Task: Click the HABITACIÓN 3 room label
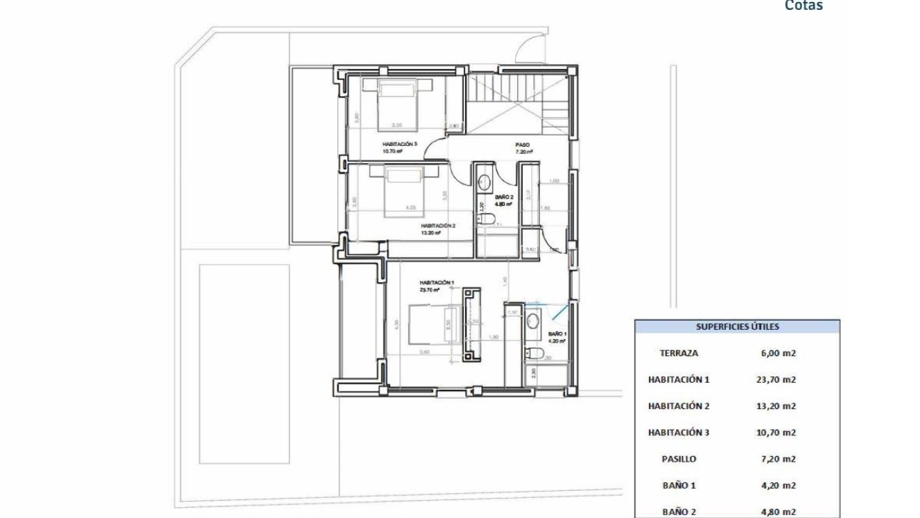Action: pos(399,144)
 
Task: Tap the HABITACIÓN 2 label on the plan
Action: pos(438,225)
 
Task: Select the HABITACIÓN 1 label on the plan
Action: pos(435,283)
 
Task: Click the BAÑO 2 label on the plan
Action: pos(504,197)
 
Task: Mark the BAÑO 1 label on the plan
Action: pos(556,334)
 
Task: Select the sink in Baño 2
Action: pos(484,180)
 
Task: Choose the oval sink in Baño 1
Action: pos(533,321)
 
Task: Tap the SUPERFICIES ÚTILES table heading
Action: pos(737,327)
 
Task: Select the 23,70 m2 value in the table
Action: pos(777,380)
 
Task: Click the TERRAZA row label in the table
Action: pos(678,353)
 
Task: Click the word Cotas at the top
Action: pos(804,6)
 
